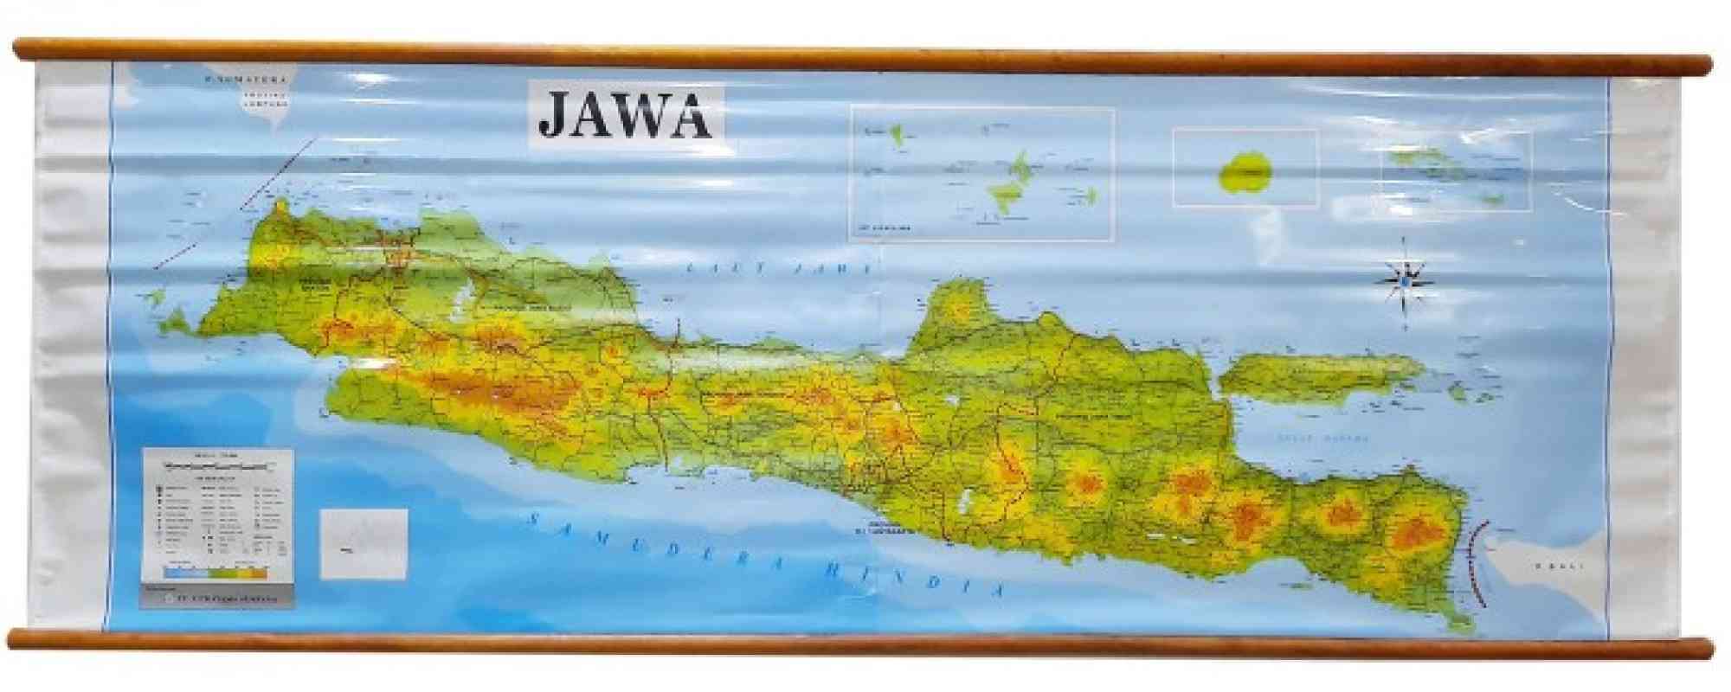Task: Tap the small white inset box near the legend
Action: [363, 543]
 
